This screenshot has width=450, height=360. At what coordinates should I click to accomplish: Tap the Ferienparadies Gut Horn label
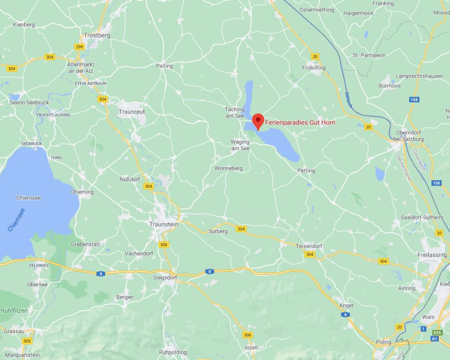[300, 123]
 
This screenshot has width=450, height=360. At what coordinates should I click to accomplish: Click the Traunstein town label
[164, 224]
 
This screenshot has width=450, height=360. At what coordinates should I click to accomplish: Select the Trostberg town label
[97, 36]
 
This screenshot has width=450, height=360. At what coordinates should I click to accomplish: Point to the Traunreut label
[132, 112]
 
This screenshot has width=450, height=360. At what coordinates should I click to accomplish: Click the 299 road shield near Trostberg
[79, 47]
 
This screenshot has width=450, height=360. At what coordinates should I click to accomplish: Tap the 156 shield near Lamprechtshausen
[414, 100]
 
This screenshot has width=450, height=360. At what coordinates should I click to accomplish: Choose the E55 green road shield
[437, 332]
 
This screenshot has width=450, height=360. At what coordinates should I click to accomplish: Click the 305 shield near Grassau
[27, 341]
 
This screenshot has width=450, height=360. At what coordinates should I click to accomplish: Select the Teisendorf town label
[309, 246]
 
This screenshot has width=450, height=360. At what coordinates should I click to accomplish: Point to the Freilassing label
[432, 255]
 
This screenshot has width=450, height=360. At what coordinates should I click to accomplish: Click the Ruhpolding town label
[173, 352]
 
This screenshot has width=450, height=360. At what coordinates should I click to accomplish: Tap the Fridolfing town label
[314, 67]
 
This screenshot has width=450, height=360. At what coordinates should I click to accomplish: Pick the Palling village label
[164, 66]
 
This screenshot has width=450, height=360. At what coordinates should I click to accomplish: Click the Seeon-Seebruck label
[29, 102]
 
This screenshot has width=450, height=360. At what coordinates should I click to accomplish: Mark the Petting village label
[306, 171]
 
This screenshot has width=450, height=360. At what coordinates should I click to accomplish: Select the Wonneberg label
[228, 168]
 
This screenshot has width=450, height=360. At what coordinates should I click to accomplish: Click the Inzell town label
[251, 347]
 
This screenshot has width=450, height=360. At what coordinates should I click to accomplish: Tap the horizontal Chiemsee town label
[28, 198]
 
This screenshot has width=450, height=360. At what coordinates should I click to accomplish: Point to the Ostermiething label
[317, 10]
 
